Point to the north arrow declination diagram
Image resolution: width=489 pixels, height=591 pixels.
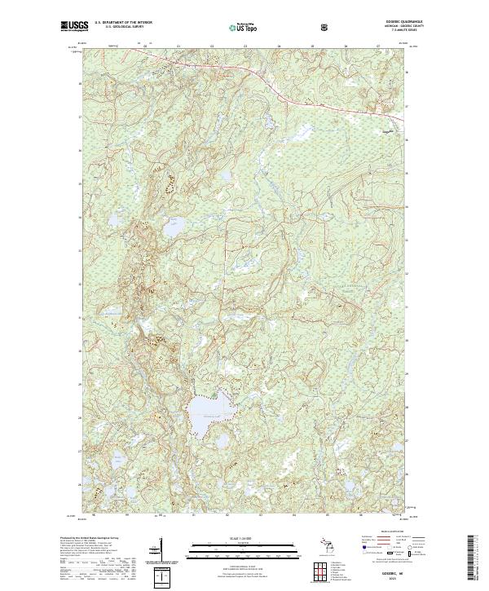[160, 550]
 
